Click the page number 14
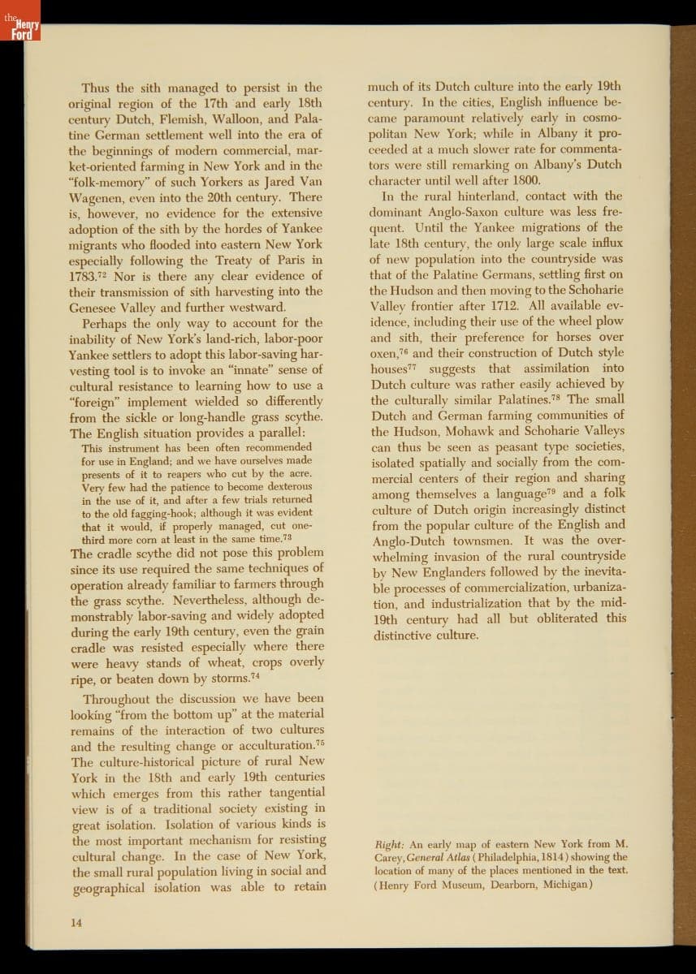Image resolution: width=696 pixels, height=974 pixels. coord(76,923)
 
